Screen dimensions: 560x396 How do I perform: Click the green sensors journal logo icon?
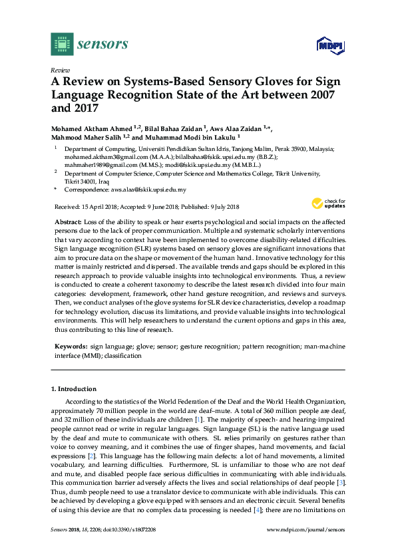(x=61, y=44)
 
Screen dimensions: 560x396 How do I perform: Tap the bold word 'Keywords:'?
(x=69, y=347)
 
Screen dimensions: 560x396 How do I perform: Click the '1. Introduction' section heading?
(x=74, y=388)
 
